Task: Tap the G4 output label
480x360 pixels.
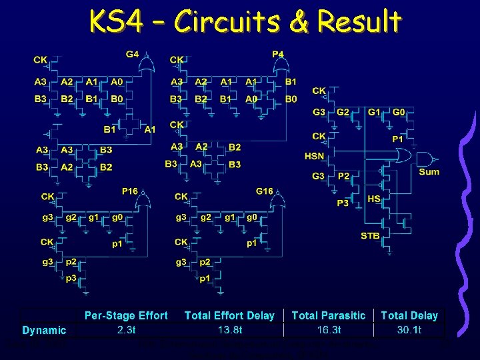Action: tap(133, 54)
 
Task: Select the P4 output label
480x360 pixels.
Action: tap(278, 54)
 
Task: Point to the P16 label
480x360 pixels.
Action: tap(129, 191)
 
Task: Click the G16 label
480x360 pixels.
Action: tap(265, 191)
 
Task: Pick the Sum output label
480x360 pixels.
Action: tap(429, 172)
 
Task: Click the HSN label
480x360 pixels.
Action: tap(315, 156)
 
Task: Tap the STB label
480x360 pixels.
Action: tap(371, 235)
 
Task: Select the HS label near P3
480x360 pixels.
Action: tap(374, 199)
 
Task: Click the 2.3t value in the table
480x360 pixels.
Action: tap(126, 329)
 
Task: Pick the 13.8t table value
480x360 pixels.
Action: tap(229, 329)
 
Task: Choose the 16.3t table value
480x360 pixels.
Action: tap(329, 329)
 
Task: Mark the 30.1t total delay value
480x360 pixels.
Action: tap(409, 329)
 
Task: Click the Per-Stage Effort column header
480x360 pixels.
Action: tap(126, 315)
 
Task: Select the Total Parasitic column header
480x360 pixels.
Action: tap(329, 315)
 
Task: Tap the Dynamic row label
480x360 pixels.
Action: tap(44, 330)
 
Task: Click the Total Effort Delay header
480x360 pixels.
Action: tap(229, 315)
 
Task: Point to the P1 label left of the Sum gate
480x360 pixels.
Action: tap(397, 139)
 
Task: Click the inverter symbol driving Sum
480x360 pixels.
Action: tap(425, 159)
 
